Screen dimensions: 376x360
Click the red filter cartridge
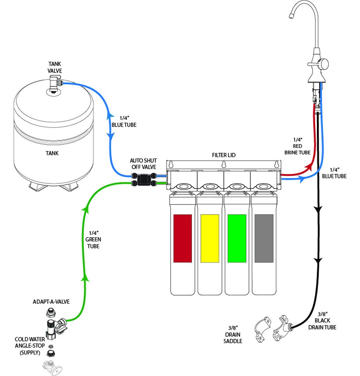[x=183, y=238]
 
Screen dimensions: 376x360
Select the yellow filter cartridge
[x=210, y=238]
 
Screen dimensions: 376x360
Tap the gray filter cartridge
[x=264, y=238]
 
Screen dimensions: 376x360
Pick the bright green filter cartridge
[x=237, y=238]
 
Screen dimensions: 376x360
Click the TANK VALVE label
[x=55, y=67]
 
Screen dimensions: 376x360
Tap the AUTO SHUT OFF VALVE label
[x=143, y=164]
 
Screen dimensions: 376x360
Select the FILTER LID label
[x=224, y=155]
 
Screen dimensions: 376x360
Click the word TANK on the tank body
[x=52, y=153]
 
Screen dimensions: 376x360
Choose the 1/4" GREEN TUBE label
[x=93, y=239]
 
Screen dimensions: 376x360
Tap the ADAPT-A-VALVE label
[x=51, y=302]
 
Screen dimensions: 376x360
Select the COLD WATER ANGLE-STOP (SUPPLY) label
[x=30, y=346]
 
